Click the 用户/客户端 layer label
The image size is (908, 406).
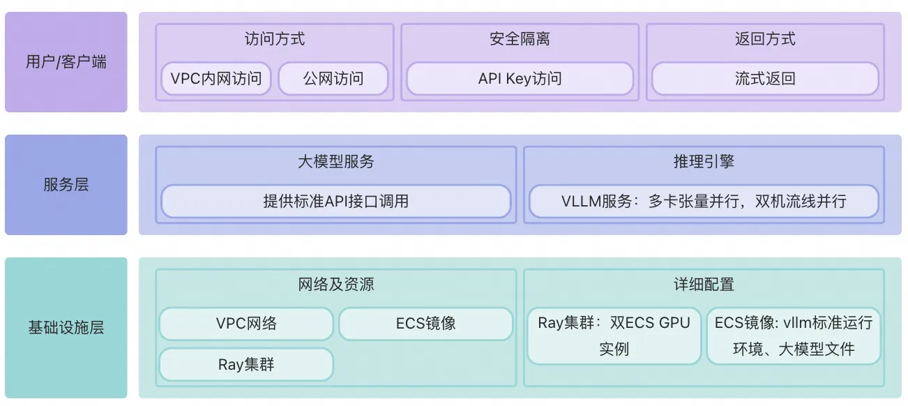click(x=66, y=62)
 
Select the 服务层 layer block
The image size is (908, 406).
click(x=66, y=185)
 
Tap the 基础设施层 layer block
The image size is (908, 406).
click(x=66, y=328)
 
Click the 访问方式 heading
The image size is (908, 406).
click(x=275, y=39)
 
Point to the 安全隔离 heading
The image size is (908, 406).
click(x=520, y=39)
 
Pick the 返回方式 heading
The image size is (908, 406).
click(x=765, y=39)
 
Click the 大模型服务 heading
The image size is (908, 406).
click(x=335, y=161)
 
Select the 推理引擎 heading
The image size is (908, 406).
click(x=704, y=161)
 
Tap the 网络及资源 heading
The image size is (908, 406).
click(x=335, y=285)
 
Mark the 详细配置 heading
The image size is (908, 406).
click(x=704, y=285)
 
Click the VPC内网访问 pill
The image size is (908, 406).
click(x=216, y=78)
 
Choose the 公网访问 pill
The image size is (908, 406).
click(x=333, y=78)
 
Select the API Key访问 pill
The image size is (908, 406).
click(x=520, y=78)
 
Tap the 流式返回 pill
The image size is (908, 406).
click(x=765, y=78)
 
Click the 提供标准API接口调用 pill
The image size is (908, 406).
click(x=335, y=201)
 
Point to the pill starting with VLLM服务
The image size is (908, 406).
click(x=704, y=201)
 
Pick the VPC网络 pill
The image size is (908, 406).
click(x=246, y=324)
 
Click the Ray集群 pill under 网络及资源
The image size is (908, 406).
click(x=246, y=364)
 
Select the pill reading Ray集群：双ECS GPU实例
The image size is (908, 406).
click(x=614, y=336)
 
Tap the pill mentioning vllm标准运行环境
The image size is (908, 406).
click(x=794, y=336)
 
